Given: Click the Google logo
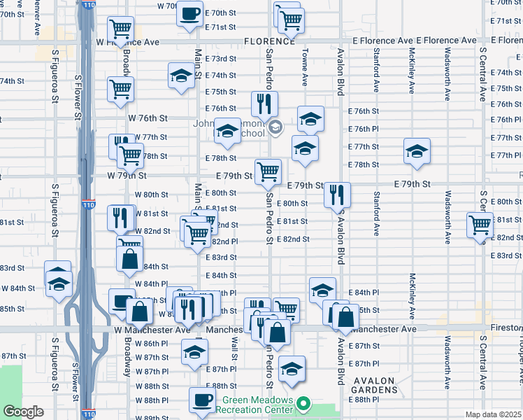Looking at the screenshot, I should coord(23,412).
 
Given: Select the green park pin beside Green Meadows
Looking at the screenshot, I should coord(303,404).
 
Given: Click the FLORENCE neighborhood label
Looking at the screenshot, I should coord(262,41).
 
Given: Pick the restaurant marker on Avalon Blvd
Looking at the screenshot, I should coord(337,195).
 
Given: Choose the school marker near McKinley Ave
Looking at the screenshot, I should coord(416,151).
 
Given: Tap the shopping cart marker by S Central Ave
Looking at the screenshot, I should coord(480,225).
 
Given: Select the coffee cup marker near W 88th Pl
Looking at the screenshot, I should coord(203,400).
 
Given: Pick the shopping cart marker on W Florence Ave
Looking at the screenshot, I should coord(120,29).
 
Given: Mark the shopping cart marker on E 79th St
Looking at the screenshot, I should coord(268,171).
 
